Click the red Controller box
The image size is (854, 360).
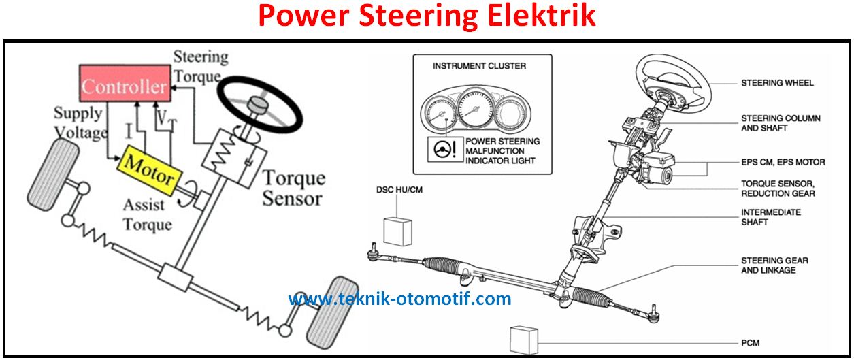pyautogui.click(x=124, y=86)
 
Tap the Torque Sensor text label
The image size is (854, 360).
pyautogui.click(x=293, y=189)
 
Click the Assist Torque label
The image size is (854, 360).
pyautogui.click(x=148, y=214)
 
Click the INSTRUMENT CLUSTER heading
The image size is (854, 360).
pyautogui.click(x=479, y=66)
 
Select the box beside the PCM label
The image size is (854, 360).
pyautogui.click(x=524, y=339)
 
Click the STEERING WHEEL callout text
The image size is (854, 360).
pyautogui.click(x=777, y=83)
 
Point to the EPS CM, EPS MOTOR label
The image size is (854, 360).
pyautogui.click(x=783, y=162)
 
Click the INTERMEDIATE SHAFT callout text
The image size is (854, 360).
pyautogui.click(x=771, y=217)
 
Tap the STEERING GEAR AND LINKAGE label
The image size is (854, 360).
pyautogui.click(x=774, y=265)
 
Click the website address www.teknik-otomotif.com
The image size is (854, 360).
pyautogui.click(x=399, y=298)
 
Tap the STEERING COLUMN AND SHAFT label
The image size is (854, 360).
pyautogui.click(x=781, y=123)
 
